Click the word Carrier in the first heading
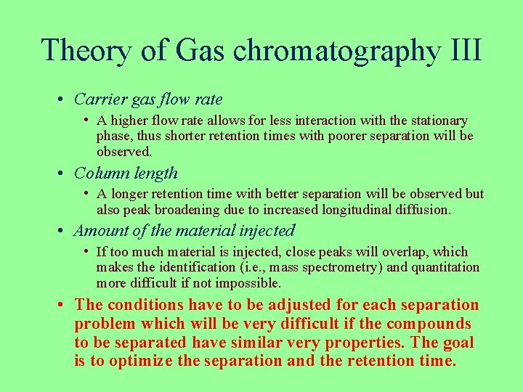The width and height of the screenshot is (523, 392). (x=100, y=99)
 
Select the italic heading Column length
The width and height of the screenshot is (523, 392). (x=126, y=173)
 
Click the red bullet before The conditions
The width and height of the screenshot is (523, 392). (x=65, y=305)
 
